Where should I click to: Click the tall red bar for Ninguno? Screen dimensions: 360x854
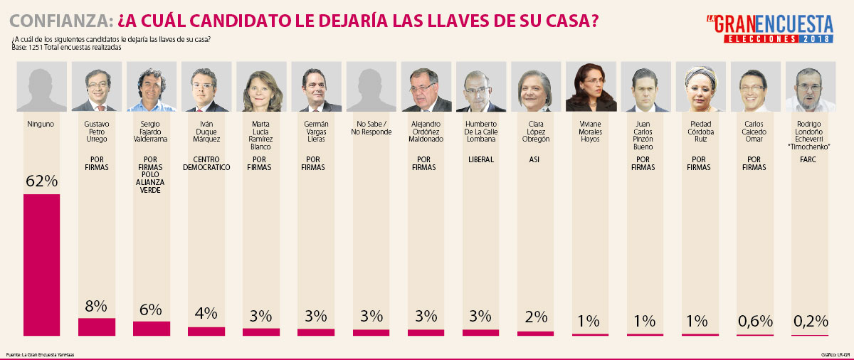click(41, 263)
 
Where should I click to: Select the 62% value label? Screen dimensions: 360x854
click(41, 181)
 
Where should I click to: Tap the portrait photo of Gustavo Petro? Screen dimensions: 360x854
click(96, 87)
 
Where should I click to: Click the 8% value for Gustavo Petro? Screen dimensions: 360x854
click(96, 307)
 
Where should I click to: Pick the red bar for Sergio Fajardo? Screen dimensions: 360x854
click(152, 328)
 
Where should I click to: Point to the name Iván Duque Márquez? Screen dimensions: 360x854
click(206, 132)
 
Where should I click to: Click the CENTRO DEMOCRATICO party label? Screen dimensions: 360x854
click(206, 164)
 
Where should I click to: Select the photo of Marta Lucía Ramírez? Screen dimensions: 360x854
click(261, 87)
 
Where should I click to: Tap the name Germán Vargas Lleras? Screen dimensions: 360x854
click(315, 132)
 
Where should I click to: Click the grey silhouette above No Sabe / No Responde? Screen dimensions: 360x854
click(371, 87)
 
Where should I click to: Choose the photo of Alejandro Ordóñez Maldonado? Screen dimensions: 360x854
click(426, 87)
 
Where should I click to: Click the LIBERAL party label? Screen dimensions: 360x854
click(480, 159)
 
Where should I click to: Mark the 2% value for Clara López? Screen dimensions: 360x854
click(535, 317)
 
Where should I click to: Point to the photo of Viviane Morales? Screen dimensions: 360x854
click(590, 87)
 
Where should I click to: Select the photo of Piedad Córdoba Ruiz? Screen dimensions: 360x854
click(700, 87)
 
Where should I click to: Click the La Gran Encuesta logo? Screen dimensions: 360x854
click(769, 28)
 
